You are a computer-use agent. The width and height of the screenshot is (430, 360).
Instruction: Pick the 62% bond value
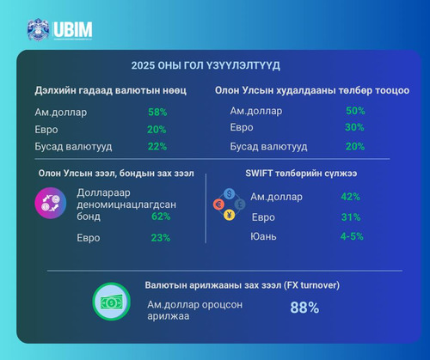(160, 217)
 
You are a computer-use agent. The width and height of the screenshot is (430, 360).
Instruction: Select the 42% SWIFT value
(350, 197)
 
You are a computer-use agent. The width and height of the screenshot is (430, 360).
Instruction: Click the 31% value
(350, 217)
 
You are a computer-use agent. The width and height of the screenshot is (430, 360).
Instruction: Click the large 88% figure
(305, 308)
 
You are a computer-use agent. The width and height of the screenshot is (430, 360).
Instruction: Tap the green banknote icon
(110, 302)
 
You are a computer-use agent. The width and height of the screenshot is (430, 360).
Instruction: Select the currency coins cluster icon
(229, 204)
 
